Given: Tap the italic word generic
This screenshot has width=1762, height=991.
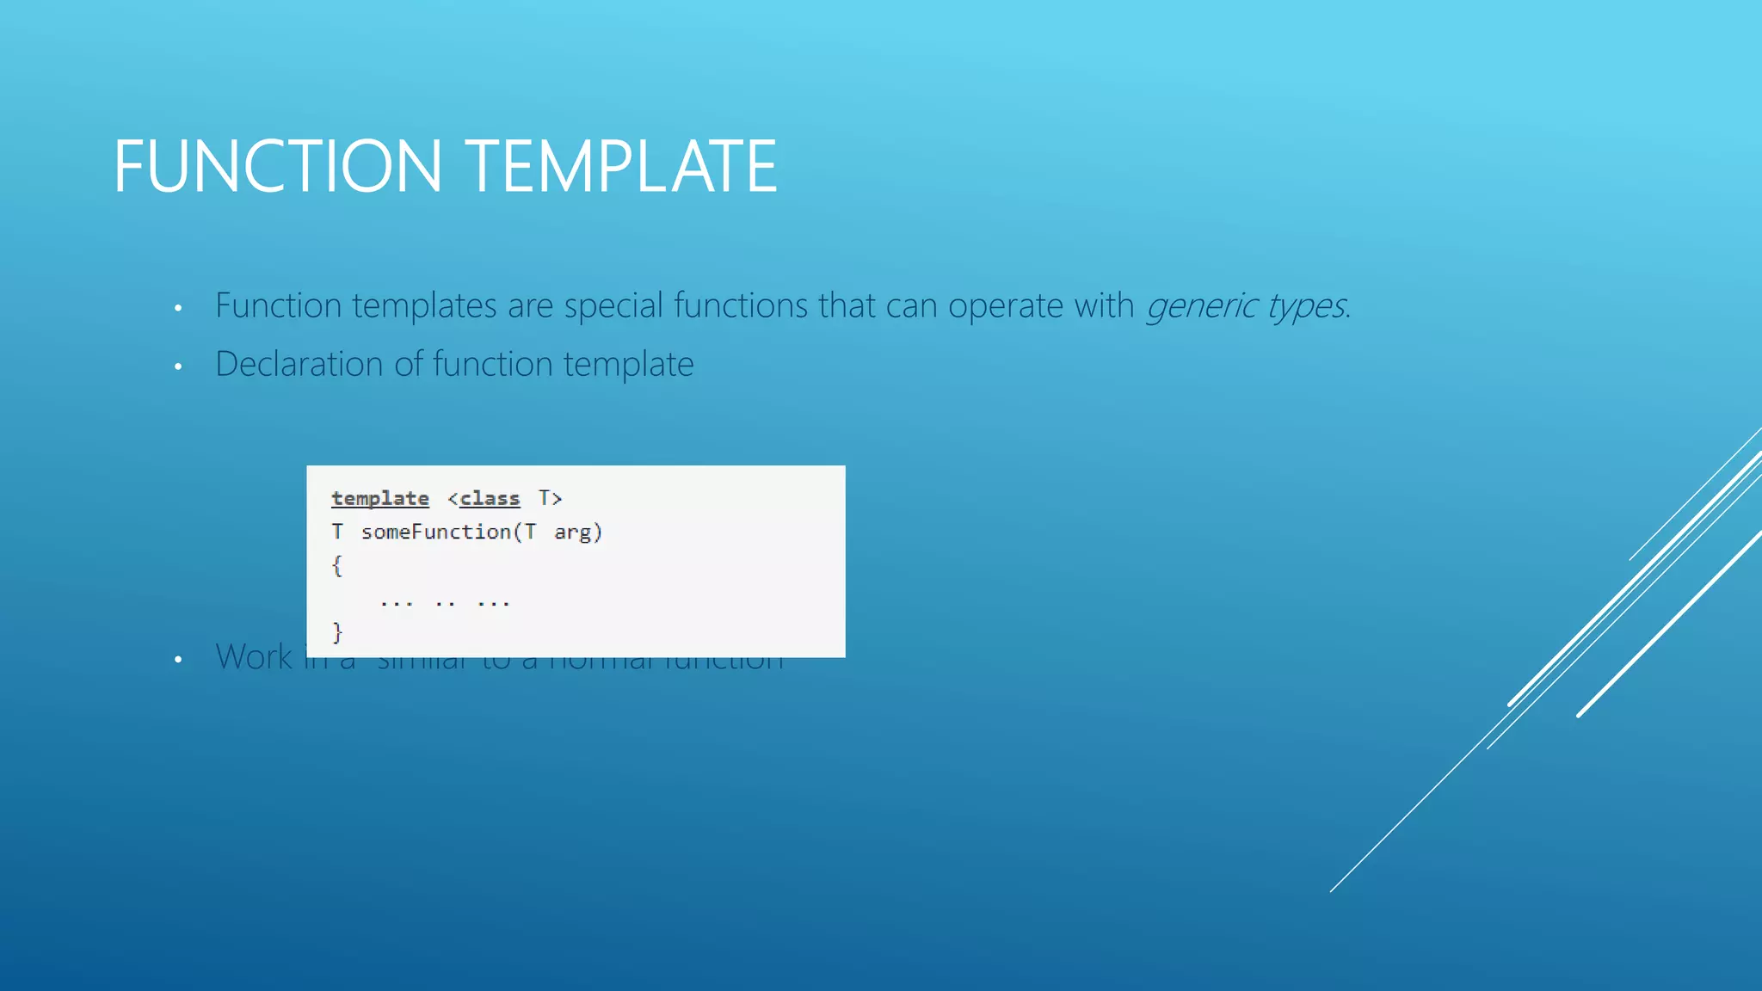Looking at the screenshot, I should [1201, 306].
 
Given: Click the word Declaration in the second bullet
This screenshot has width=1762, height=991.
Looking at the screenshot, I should [299, 364].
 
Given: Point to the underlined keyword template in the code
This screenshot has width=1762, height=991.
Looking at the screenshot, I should [379, 498].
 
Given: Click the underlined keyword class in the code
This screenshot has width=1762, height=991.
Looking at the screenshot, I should [490, 498].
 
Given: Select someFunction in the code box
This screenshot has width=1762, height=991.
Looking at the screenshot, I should [436, 532].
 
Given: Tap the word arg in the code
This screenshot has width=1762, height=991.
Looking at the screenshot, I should [572, 532].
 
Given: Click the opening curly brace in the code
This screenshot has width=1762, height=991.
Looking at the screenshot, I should [337, 565].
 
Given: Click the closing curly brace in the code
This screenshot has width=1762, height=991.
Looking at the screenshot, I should [337, 633].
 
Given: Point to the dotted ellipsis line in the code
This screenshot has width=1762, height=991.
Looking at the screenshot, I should [445, 602].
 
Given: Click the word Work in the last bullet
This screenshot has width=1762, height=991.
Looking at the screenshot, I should [254, 657].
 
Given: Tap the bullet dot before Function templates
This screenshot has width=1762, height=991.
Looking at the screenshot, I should [178, 308].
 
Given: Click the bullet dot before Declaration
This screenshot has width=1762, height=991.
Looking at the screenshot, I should [178, 366].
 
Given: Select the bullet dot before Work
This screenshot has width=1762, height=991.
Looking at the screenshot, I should [178, 660].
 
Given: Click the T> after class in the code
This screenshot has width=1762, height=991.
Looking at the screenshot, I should [550, 498].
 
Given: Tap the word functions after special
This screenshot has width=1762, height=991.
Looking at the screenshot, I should [741, 305].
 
